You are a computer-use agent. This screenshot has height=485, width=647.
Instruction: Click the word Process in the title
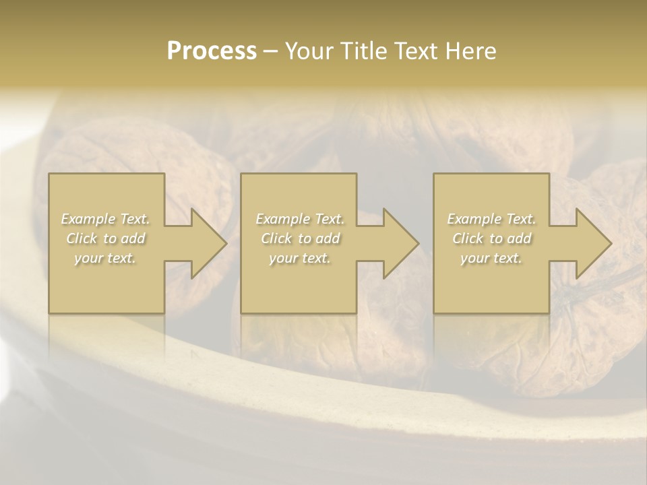[212, 51]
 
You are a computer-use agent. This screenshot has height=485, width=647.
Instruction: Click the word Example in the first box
[88, 219]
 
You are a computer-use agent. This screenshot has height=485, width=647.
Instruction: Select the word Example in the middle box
[282, 219]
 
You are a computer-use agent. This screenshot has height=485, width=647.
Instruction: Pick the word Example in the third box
[474, 219]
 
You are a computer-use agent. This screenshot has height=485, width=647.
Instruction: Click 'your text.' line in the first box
[105, 258]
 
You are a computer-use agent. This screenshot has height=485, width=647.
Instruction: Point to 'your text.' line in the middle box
[300, 258]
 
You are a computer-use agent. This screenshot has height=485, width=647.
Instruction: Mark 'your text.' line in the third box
[491, 258]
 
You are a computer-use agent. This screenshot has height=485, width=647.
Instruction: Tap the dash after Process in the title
[270, 51]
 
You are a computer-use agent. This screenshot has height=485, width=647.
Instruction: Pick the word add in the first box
[132, 238]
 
